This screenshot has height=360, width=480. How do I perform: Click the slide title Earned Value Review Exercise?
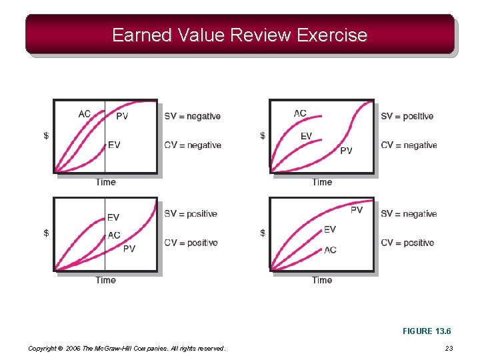[x=239, y=35]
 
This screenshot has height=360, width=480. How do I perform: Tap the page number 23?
[x=449, y=348]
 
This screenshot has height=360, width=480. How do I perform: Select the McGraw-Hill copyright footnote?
[x=127, y=348]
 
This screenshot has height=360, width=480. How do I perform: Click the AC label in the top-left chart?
[x=85, y=114]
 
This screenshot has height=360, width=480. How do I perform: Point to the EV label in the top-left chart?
[x=114, y=145]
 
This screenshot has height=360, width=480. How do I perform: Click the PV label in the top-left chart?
[x=122, y=116]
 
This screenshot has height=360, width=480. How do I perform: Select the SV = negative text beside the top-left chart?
[x=192, y=116]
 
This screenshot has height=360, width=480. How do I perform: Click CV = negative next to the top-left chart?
[x=193, y=145]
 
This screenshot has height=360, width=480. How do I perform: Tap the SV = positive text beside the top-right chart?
[x=407, y=116]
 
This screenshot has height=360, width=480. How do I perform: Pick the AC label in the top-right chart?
[x=301, y=113]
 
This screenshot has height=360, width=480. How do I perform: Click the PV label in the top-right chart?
[x=346, y=151]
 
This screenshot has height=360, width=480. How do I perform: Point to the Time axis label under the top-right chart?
[x=322, y=182]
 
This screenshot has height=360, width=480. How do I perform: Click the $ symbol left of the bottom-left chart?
[x=46, y=233]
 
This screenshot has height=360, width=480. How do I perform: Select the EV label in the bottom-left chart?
[x=113, y=217]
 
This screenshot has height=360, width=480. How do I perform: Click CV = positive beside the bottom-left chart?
[x=191, y=243]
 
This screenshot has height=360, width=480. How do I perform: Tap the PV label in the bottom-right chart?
[x=357, y=210]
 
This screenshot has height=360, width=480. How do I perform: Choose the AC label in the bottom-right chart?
[x=330, y=250]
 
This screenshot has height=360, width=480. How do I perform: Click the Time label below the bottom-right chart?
[x=322, y=280]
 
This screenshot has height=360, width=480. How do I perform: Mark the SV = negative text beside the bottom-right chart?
[x=409, y=214]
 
